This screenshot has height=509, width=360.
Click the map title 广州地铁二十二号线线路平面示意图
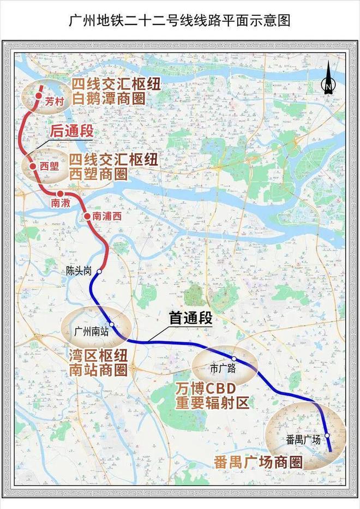click(179, 21)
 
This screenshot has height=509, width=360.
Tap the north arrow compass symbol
click(328, 82)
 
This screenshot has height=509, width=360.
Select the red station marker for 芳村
click(38, 95)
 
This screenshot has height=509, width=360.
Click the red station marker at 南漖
click(59, 194)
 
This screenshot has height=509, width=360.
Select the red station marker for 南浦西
click(87, 216)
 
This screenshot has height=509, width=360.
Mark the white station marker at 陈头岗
click(99, 270)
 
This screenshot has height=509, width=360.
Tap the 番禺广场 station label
click(303, 439)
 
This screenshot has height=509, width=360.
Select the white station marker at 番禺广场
click(327, 435)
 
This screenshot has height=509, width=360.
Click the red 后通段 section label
click(71, 131)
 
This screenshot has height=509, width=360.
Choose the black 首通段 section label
click(190, 319)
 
